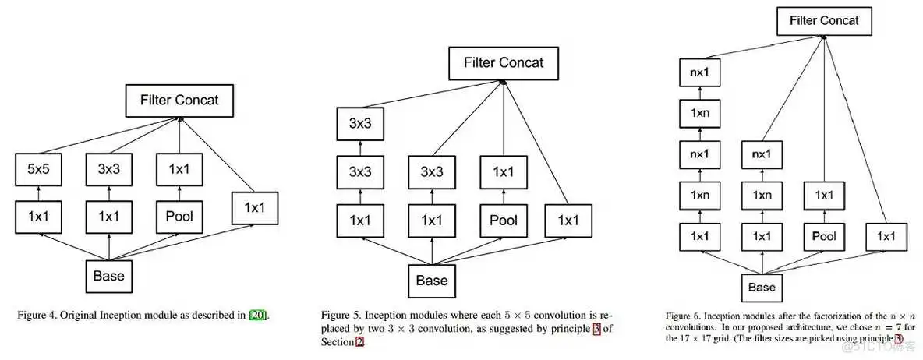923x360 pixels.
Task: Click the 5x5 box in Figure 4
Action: tap(38, 168)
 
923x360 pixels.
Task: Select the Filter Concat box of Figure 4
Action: tap(179, 100)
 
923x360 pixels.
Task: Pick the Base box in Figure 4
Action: tap(108, 276)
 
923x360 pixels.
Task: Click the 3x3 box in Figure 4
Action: tap(108, 168)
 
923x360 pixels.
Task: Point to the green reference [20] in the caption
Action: tap(258, 315)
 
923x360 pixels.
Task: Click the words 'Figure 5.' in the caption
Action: tap(340, 316)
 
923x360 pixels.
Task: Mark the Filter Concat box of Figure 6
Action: tap(824, 21)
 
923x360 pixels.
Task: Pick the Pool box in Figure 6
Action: tap(824, 235)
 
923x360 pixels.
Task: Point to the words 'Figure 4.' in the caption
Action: tap(36, 315)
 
